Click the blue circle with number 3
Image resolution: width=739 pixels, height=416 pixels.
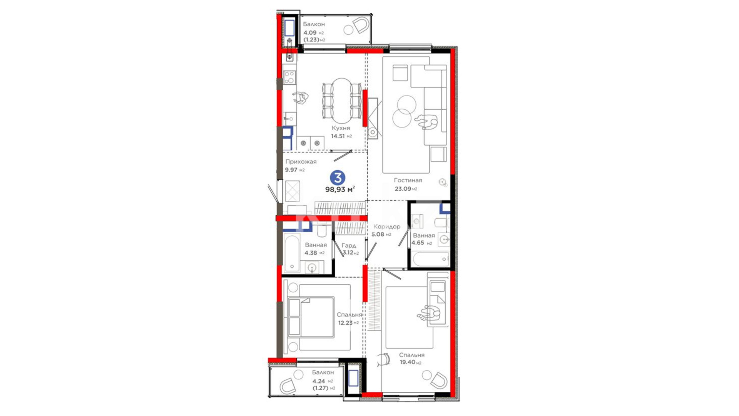coord(338,178)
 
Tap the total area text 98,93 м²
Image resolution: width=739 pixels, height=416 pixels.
coord(340,189)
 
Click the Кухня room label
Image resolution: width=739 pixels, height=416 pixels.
coord(341,128)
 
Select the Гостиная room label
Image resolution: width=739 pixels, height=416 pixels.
coord(408,180)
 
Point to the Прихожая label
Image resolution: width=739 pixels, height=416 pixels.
coord(301,161)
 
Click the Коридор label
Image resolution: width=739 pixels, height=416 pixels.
coord(387,226)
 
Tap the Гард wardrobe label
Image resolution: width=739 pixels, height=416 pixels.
coord(349,245)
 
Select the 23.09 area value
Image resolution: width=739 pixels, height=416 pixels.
coord(403,189)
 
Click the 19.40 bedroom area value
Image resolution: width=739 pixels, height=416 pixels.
coord(408,362)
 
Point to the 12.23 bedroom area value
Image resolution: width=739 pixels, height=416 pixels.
coord(345,323)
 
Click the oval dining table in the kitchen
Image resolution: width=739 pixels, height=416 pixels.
coord(342,101)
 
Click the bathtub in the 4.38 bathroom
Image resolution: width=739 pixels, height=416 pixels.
coord(292,253)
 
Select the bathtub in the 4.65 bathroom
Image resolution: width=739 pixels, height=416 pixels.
coord(431,259)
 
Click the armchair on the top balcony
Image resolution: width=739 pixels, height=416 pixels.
coord(361,26)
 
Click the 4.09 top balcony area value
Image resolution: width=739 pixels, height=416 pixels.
coord(310,33)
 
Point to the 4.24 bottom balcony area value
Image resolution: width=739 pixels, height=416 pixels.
coord(319,381)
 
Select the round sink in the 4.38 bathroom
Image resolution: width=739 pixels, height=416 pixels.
coord(312,267)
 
